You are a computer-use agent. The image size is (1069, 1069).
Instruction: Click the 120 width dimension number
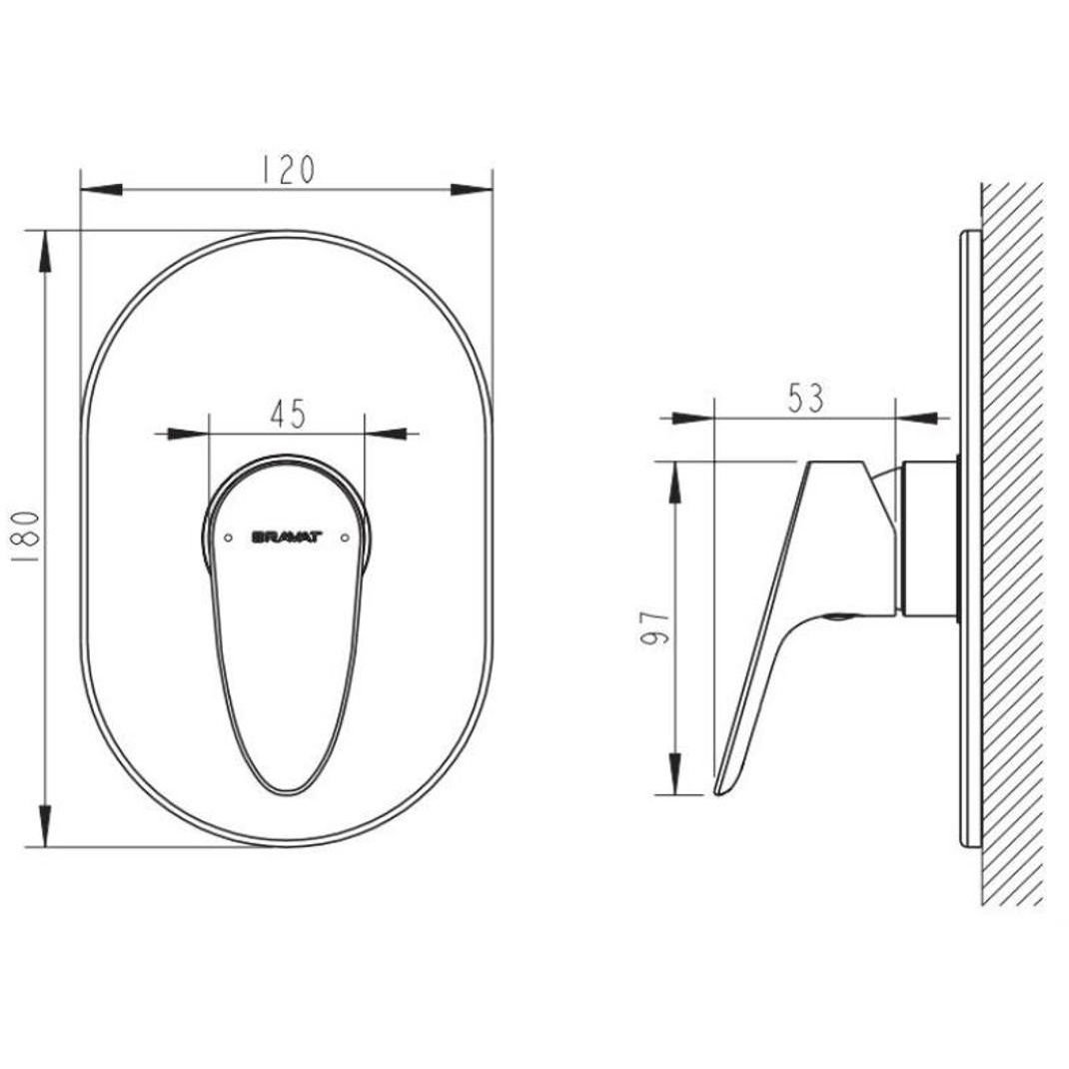(289, 170)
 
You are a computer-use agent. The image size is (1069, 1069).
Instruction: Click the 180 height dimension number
(27, 536)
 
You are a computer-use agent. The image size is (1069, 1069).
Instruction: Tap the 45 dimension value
(288, 414)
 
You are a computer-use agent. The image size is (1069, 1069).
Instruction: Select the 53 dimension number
(806, 399)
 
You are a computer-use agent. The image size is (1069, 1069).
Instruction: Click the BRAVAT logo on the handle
(287, 537)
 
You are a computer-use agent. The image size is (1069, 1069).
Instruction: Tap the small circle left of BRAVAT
(229, 537)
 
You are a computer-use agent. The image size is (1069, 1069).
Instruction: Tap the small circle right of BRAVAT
(345, 537)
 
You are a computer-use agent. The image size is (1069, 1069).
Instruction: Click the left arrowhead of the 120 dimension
(102, 190)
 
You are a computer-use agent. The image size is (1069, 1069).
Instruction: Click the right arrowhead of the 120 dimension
(472, 190)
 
